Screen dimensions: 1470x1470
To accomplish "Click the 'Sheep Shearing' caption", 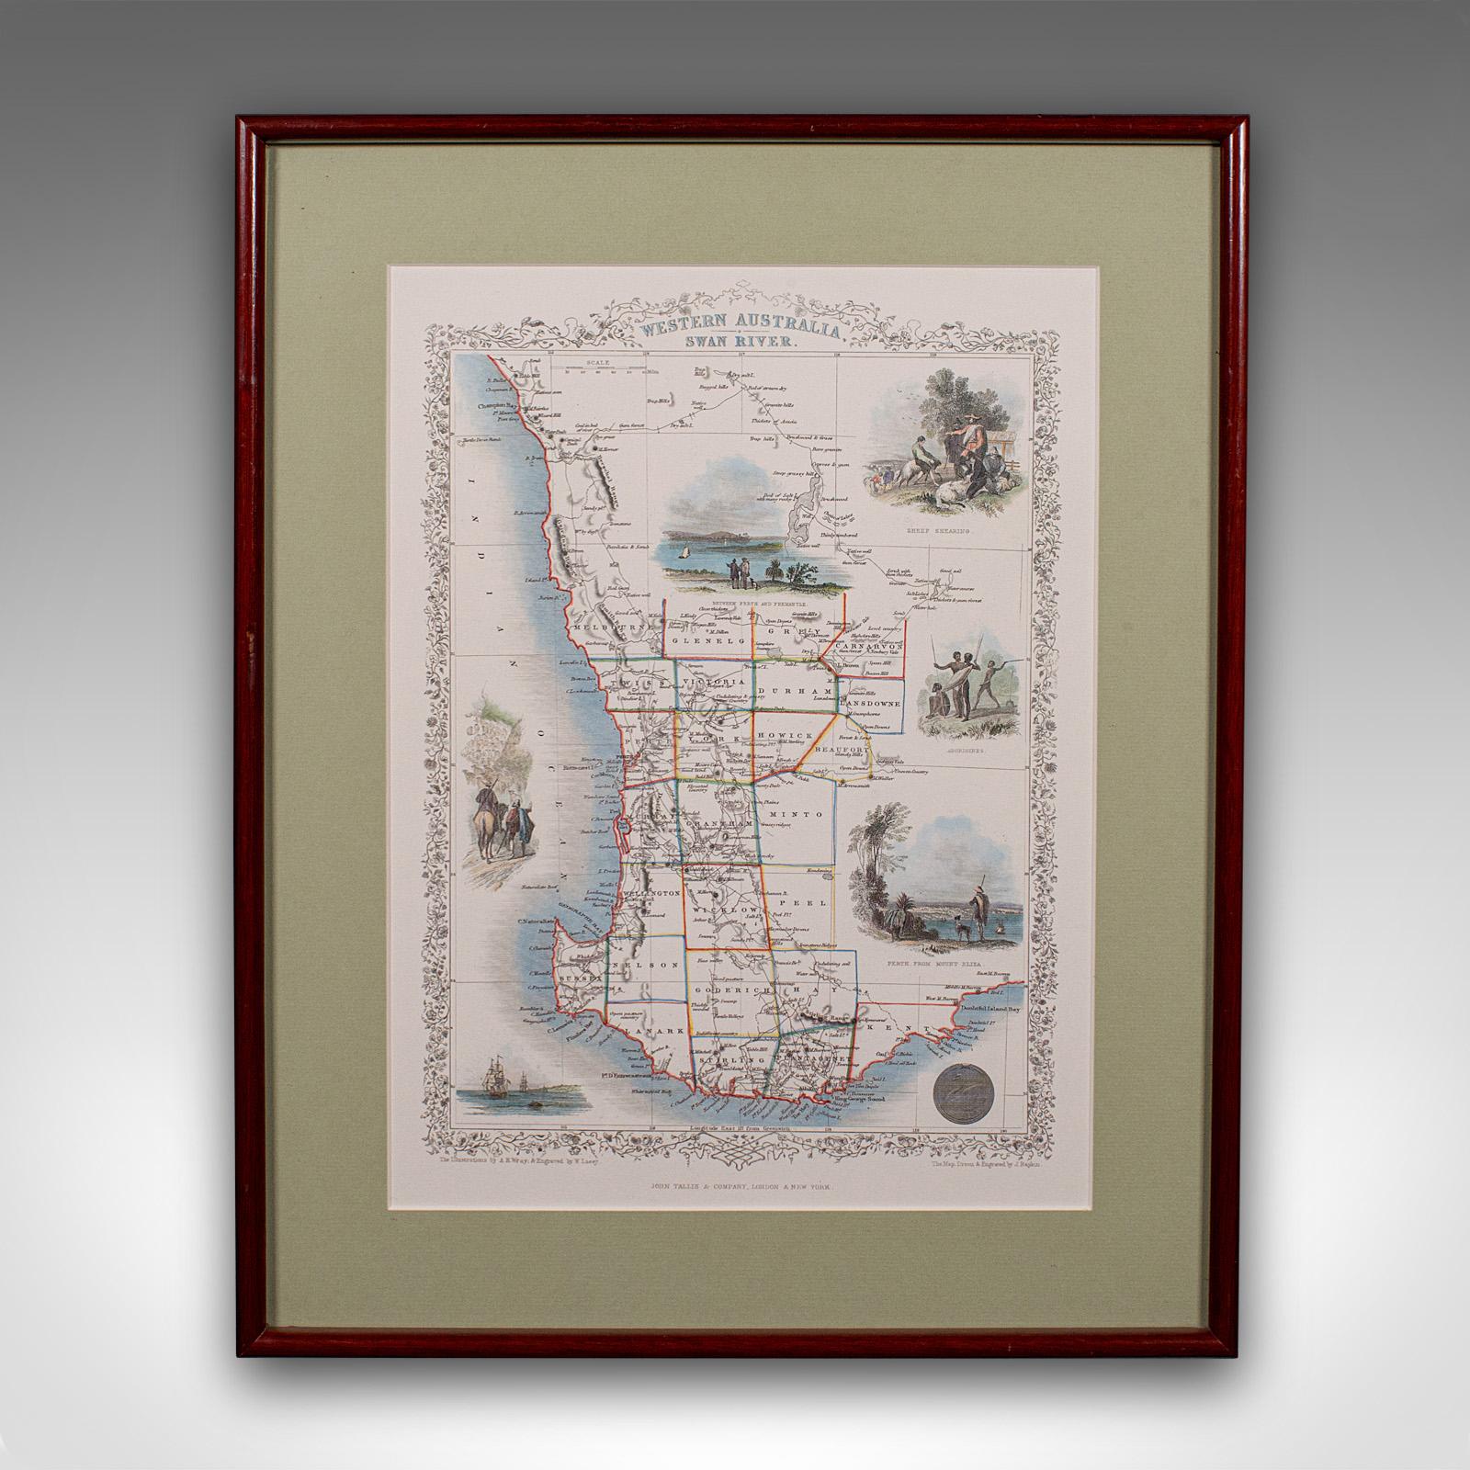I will pyautogui.click(x=947, y=531).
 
